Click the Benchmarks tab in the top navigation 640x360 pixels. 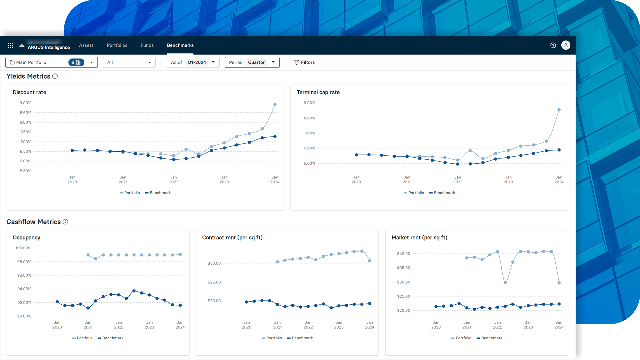(180, 45)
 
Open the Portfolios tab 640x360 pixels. (117, 45)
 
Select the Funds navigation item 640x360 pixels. (147, 45)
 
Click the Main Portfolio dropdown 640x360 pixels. (51, 62)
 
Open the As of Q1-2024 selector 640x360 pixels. (193, 62)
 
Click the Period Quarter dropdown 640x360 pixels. (252, 62)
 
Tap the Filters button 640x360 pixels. (304, 62)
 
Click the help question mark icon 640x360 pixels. (553, 45)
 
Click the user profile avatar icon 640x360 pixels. (566, 45)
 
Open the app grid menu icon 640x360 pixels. (10, 45)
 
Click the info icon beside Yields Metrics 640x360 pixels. (55, 76)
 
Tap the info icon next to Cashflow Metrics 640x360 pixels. (65, 222)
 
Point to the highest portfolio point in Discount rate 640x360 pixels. (275, 105)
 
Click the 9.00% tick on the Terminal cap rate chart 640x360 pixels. (309, 103)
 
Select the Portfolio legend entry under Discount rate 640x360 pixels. (130, 193)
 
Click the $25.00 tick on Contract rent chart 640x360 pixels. (214, 282)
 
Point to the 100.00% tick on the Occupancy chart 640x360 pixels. (23, 248)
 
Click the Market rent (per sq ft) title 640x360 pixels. (419, 237)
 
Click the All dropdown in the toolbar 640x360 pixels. (129, 62)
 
